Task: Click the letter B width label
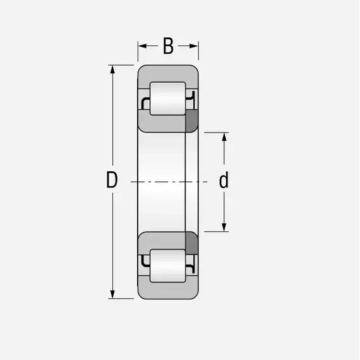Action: pos(168,46)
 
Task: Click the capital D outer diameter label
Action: pos(112,179)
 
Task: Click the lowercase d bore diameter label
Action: pos(224,180)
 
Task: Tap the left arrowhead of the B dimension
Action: pos(142,46)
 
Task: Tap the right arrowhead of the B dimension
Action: pos(194,46)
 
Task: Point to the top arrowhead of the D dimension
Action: pos(112,69)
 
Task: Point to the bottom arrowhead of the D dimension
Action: pos(112,294)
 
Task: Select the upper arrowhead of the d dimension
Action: pos(224,137)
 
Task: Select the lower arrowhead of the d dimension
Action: pos(224,227)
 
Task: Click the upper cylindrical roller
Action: pos(167,99)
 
